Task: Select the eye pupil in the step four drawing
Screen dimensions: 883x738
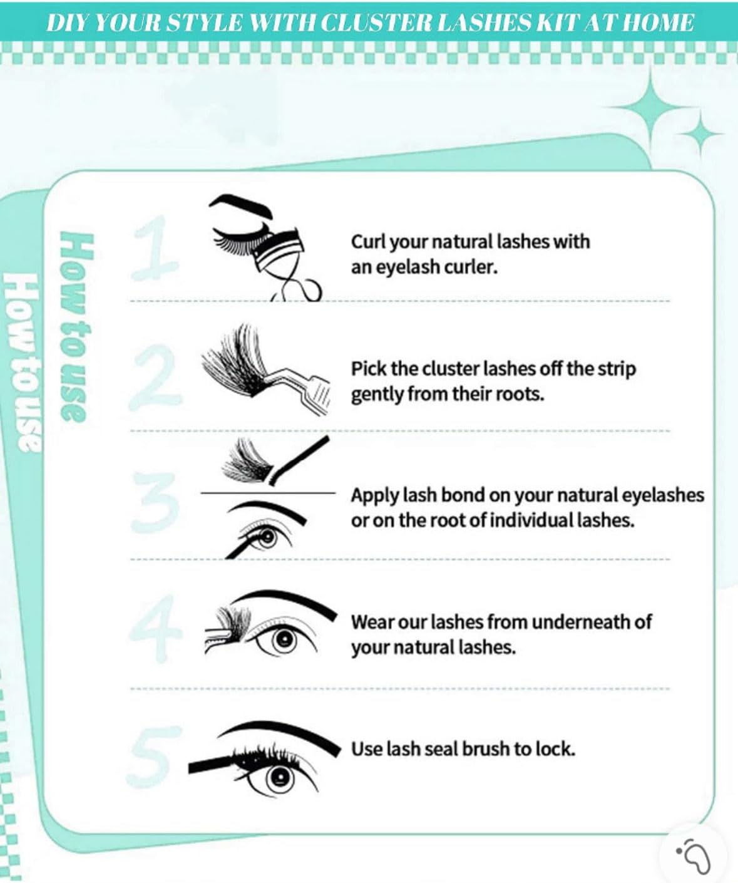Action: point(284,639)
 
